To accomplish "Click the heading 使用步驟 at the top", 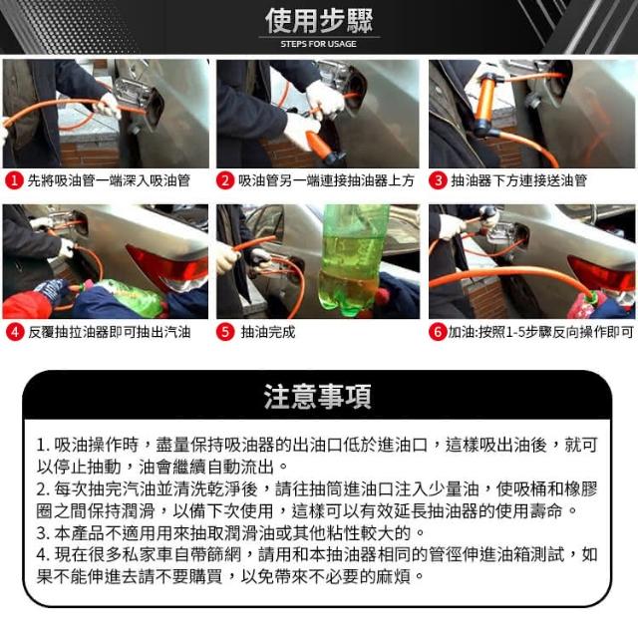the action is (319, 20).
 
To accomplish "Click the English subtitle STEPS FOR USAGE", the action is (319, 44).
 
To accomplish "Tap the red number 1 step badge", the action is (14, 180).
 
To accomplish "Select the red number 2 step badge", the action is (225, 180).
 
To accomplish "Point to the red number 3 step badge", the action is (439, 180).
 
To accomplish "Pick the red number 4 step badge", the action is (15, 332).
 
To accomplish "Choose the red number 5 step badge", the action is (225, 332).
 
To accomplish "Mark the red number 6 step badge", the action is (438, 332).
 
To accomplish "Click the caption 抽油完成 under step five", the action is (268, 332).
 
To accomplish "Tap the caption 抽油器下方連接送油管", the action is (518, 180).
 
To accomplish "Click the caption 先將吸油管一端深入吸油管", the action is (109, 180).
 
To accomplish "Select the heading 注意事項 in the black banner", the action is (318, 397).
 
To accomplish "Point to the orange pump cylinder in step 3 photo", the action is (485, 103).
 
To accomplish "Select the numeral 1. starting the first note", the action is (43, 446).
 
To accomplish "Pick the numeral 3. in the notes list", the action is (43, 533).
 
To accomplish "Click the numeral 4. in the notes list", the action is (43, 555).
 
